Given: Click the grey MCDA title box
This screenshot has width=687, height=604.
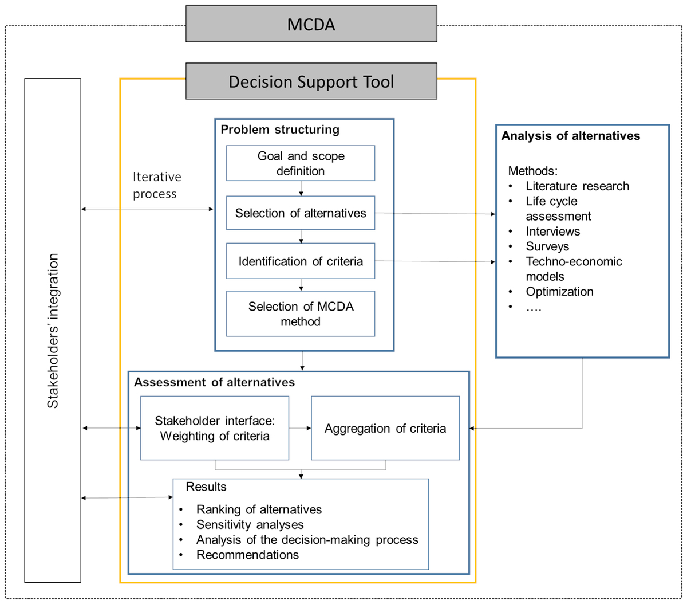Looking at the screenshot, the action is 311,23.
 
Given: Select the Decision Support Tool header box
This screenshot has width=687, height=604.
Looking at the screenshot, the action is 311,81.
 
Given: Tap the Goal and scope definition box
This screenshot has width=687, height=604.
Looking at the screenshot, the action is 301,163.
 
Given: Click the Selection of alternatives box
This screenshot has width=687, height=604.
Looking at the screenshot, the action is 301,213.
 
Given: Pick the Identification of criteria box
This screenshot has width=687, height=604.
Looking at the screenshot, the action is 301,261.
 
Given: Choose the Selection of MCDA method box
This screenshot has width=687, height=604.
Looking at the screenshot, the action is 301,313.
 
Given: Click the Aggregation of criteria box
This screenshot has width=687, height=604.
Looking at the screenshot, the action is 385,428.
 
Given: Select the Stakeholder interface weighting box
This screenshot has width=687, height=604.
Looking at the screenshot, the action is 215,428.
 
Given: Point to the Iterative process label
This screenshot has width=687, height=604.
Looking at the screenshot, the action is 157,185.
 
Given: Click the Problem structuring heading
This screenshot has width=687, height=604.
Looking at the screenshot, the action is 280,130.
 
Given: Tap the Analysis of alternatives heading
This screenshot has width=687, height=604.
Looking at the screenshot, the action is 570,136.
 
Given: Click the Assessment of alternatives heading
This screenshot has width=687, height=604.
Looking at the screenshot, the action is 214,382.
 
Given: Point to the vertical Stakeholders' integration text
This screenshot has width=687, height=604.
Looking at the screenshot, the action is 53,330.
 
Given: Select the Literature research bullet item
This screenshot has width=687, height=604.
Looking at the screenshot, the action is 577,186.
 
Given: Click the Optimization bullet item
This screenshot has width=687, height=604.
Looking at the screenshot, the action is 559,292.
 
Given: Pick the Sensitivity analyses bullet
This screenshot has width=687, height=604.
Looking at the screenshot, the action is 250,524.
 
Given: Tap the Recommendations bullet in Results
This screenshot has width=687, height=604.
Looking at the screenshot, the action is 247,555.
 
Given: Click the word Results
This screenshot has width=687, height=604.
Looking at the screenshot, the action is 206,487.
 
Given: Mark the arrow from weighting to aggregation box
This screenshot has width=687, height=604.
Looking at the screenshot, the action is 300,428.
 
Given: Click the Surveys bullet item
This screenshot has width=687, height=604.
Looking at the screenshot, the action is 547,246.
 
